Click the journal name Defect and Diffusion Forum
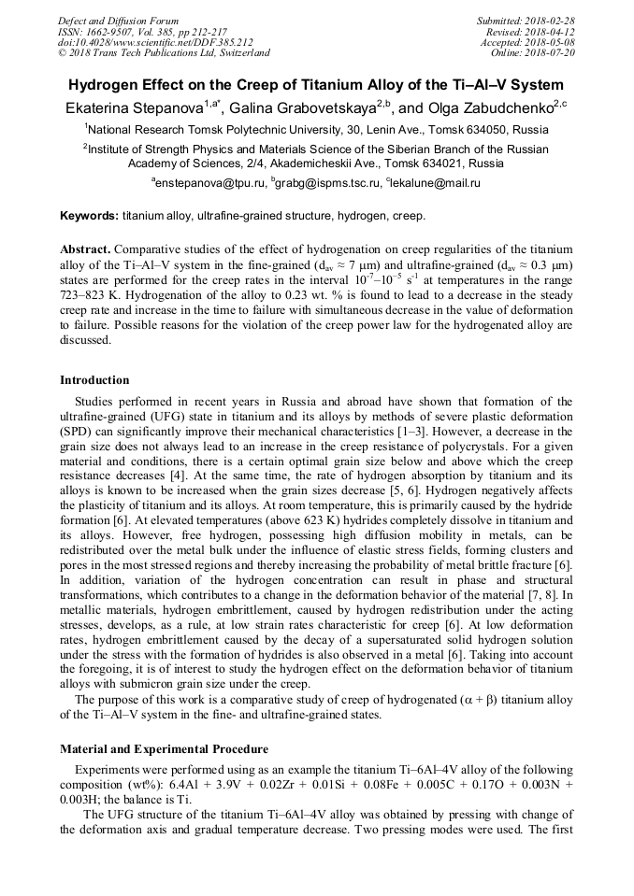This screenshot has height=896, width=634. click(x=118, y=21)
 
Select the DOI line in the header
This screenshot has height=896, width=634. click(x=155, y=42)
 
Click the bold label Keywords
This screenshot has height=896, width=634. click(x=89, y=216)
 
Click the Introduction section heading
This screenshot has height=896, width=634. click(x=94, y=380)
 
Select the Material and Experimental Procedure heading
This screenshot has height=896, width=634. click(x=164, y=749)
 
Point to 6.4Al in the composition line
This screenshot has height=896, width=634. click(x=183, y=785)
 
